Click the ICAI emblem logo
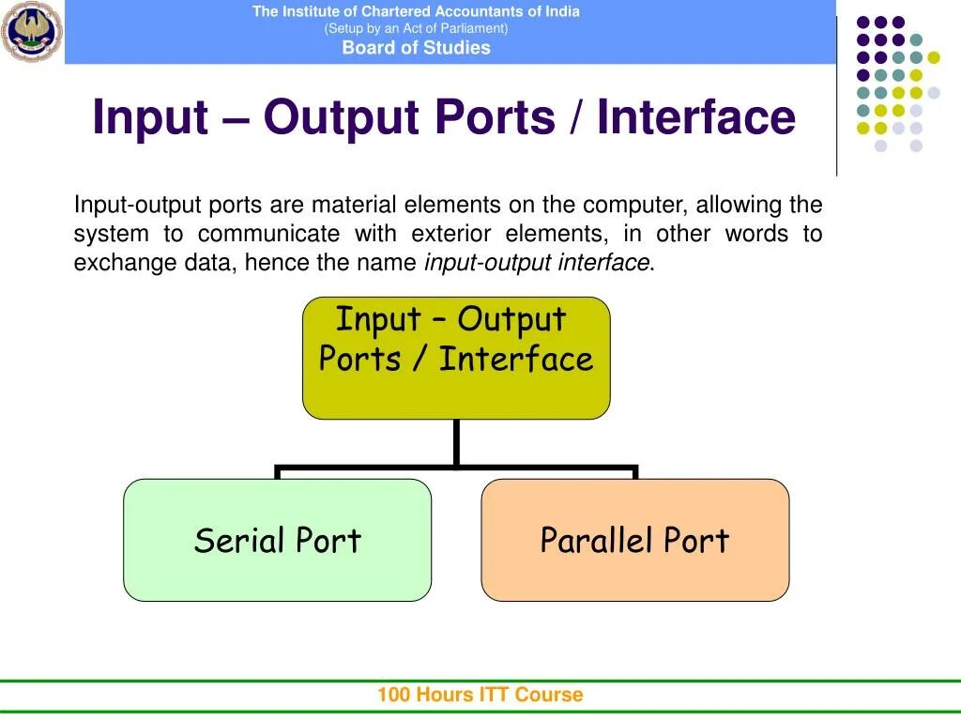point(32,32)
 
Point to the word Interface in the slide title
point(696,117)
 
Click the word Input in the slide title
point(150,117)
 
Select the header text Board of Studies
point(416,48)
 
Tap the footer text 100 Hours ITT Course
point(480,695)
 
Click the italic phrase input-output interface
point(537,263)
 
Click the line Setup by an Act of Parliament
point(416,28)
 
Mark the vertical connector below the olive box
point(456,441)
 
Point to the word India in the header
point(561,11)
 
